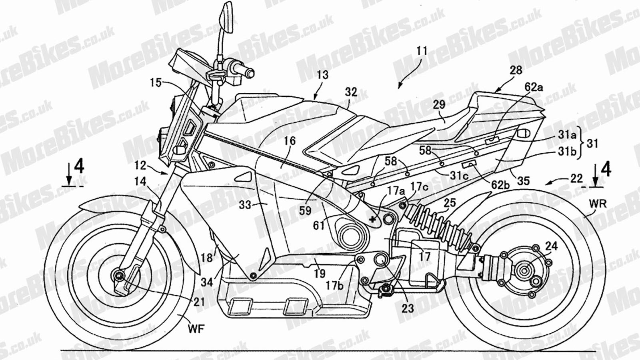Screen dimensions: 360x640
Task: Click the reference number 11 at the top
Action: click(422, 51)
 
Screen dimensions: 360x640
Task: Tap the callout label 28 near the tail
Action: click(516, 70)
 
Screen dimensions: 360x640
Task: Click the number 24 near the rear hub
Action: click(552, 246)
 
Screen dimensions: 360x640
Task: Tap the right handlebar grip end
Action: click(250, 73)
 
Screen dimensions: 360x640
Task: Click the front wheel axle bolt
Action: click(119, 276)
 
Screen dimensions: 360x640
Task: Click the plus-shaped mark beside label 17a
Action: click(373, 219)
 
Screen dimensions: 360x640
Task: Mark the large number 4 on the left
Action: click(80, 167)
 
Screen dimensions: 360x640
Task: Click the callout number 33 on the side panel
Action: click(245, 205)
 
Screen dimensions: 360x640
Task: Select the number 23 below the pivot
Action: click(408, 308)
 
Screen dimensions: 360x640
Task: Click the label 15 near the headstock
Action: click(156, 83)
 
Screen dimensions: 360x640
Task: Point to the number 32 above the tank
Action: click(351, 92)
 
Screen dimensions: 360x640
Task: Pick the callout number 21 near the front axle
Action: click(199, 302)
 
